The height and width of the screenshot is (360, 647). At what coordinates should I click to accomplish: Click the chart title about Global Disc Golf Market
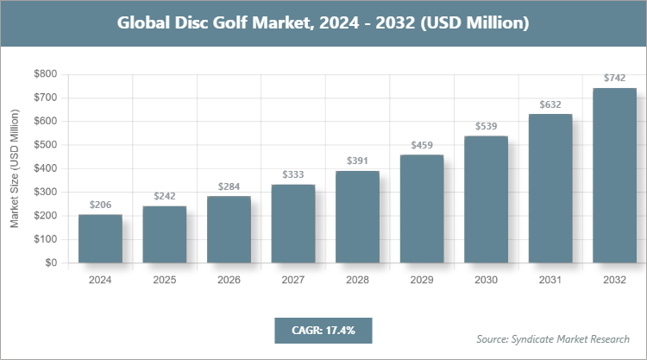click(323, 23)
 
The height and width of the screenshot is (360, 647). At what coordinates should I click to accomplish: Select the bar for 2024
click(100, 238)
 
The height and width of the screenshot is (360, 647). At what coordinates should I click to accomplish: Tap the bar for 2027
click(293, 224)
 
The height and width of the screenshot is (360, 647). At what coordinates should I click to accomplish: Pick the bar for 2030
click(486, 199)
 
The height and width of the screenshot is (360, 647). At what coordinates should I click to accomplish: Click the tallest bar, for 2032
click(614, 175)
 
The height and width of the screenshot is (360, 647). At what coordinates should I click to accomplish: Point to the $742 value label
click(614, 78)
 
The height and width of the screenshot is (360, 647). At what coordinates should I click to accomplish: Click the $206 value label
click(100, 205)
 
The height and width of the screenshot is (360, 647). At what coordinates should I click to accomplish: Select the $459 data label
click(422, 145)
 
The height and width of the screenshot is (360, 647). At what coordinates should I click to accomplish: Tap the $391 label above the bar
click(357, 161)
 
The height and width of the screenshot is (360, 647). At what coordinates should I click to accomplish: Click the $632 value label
click(550, 104)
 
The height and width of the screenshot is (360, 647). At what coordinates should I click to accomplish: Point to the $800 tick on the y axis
click(45, 74)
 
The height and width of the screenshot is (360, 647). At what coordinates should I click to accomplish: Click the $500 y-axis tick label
click(45, 145)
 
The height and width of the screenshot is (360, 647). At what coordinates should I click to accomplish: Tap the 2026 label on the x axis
click(229, 280)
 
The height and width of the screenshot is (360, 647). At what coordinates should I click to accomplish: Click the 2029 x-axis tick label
click(422, 280)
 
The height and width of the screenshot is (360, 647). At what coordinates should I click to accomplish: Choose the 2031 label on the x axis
click(550, 280)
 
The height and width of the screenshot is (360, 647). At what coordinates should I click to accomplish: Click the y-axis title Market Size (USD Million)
click(15, 168)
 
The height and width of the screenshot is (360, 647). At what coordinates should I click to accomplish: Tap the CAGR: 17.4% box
click(323, 330)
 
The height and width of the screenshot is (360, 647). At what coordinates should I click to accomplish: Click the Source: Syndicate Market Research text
click(553, 338)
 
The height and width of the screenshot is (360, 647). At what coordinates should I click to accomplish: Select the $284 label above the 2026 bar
click(229, 186)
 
